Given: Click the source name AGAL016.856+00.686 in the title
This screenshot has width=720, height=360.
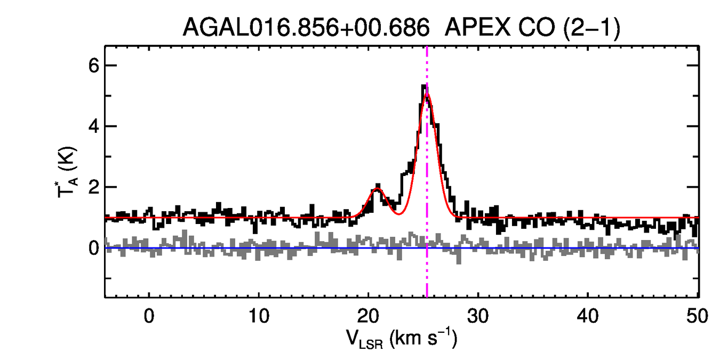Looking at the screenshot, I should click(306, 27).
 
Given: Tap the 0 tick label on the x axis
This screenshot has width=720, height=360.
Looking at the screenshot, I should click(149, 316).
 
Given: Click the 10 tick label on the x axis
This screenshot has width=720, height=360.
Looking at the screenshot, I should click(259, 316).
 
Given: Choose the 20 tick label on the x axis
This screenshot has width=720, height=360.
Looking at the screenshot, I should click(369, 316).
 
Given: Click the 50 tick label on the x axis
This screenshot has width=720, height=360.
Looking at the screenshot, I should click(697, 316).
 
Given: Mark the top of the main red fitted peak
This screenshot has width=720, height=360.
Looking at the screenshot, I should click(427, 94).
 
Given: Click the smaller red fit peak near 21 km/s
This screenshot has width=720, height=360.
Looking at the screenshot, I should click(377, 189).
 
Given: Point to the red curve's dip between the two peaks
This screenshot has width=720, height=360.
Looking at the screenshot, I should click(398, 214).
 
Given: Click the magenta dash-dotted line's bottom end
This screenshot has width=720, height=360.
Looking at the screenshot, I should click(427, 295).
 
